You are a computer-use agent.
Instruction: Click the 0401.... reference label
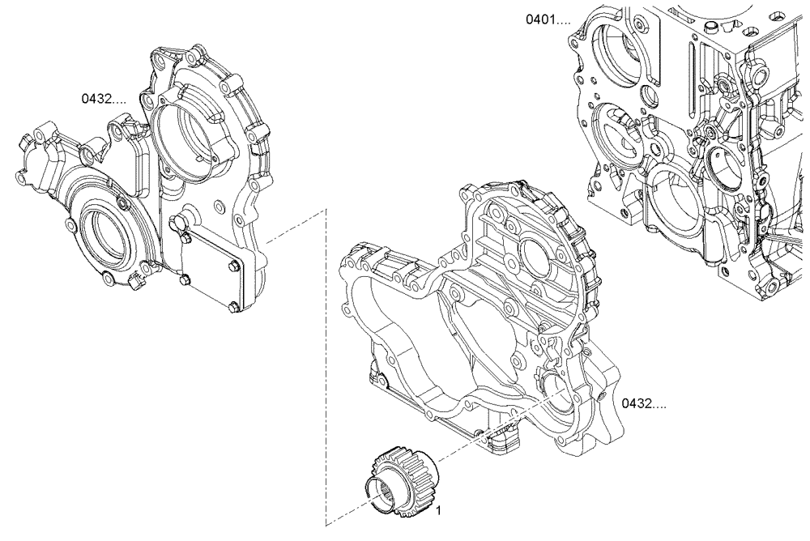tap(549, 18)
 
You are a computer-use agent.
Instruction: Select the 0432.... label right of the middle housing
tap(644, 403)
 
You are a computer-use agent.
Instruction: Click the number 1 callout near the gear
tap(438, 511)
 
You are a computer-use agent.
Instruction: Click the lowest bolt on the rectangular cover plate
tap(232, 306)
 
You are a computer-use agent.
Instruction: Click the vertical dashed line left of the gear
tap(326, 364)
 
